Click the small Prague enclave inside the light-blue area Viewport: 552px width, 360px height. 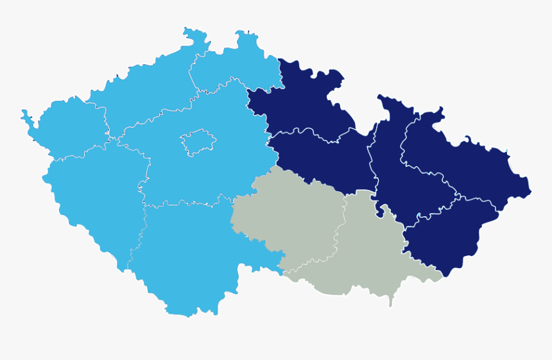pyautogui.click(x=197, y=142)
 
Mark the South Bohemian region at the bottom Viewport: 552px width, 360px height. pyautogui.click(x=186, y=257)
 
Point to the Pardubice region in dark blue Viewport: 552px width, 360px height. pyautogui.click(x=321, y=160)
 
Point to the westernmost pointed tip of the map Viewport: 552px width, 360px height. pyautogui.click(x=22, y=113)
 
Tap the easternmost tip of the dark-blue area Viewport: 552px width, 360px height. pyautogui.click(x=531, y=191)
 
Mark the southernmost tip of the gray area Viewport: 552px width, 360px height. pyautogui.click(x=390, y=305)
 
